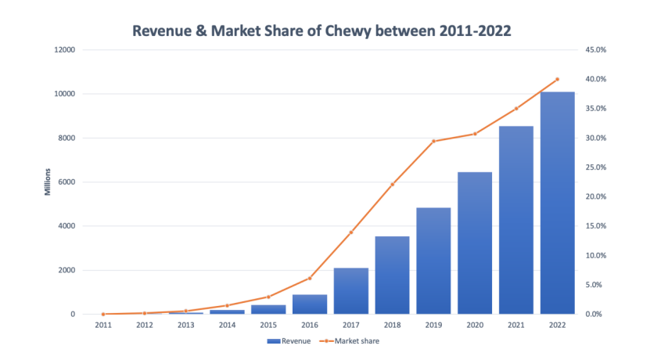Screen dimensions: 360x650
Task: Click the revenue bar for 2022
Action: click(x=557, y=203)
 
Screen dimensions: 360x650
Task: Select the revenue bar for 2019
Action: click(x=433, y=261)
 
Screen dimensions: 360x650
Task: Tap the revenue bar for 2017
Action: click(x=351, y=290)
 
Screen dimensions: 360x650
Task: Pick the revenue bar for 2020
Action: click(x=475, y=243)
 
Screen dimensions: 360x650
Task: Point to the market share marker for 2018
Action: click(x=393, y=184)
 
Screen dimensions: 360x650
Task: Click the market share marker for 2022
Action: click(x=557, y=79)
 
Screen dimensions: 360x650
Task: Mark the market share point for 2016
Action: click(x=310, y=278)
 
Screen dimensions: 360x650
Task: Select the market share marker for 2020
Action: click(x=475, y=134)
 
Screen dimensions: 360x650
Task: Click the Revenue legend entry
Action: click(x=289, y=341)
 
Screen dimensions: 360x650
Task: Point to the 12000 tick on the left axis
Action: click(x=64, y=50)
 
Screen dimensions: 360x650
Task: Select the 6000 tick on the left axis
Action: click(x=66, y=182)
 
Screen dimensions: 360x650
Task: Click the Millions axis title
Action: click(x=48, y=182)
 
